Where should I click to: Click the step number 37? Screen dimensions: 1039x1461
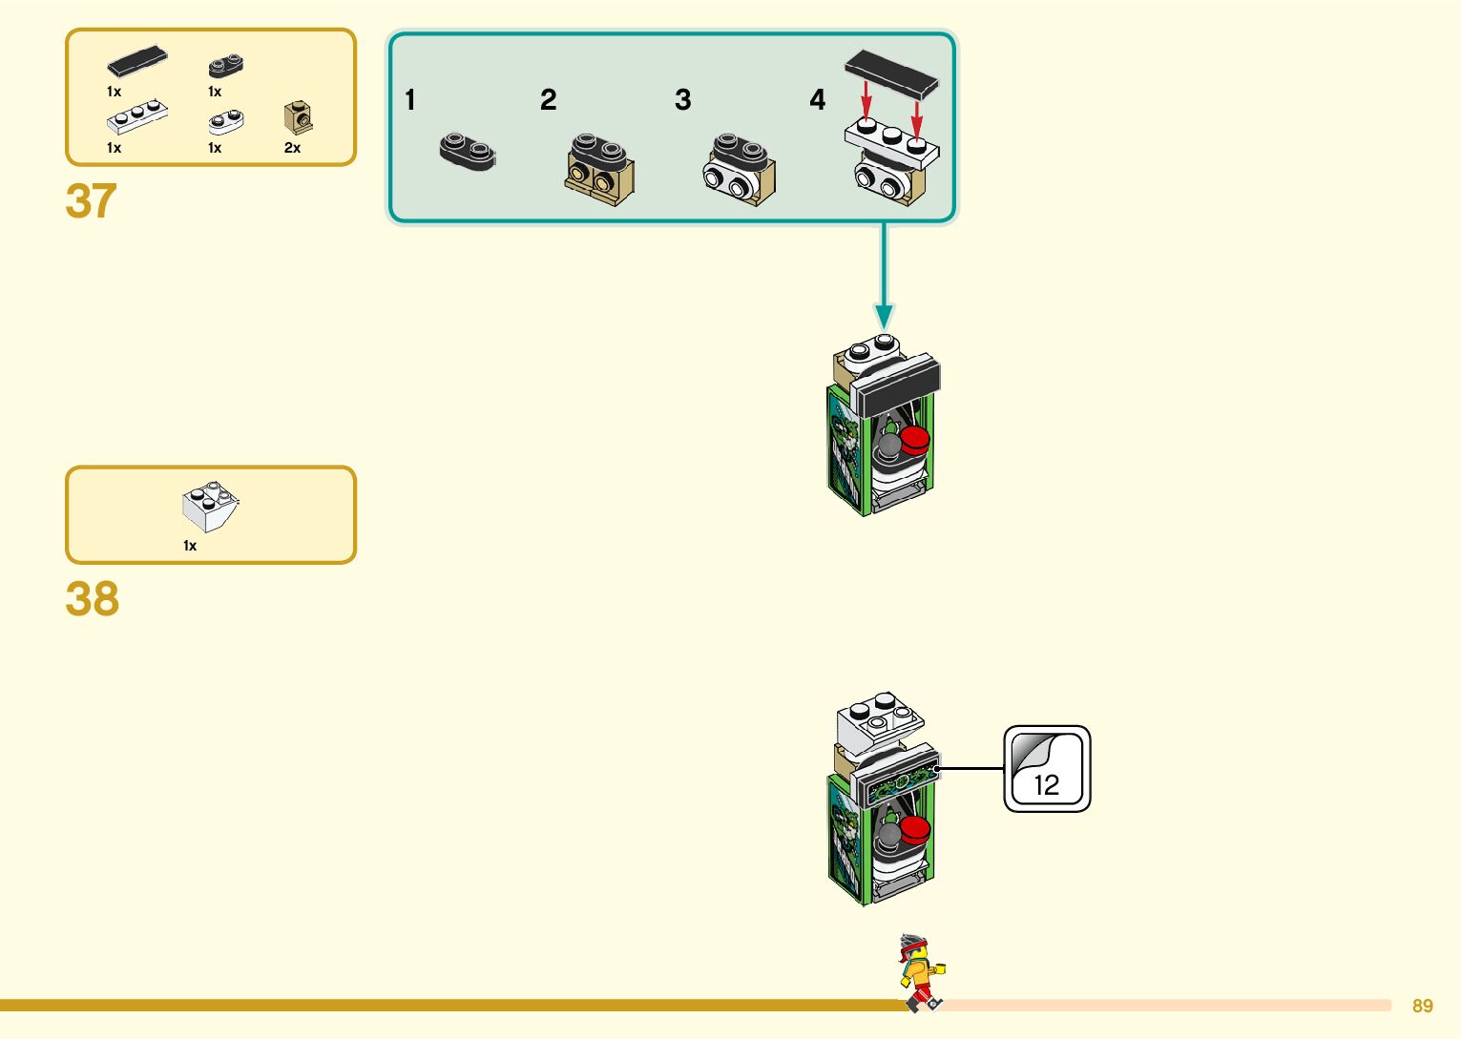point(91,201)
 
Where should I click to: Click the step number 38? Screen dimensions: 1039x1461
point(92,600)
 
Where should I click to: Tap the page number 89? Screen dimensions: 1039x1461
point(1422,1006)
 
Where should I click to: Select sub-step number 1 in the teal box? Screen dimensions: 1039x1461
point(410,100)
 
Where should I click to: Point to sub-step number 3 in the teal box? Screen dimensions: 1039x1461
point(682,100)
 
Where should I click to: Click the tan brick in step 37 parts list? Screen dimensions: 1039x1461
point(298,118)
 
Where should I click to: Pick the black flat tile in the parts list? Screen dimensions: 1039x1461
point(137,61)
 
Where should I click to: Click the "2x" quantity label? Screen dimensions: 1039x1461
point(292,148)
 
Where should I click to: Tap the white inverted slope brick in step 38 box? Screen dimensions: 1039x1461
point(210,507)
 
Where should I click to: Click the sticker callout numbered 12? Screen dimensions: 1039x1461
point(1047,769)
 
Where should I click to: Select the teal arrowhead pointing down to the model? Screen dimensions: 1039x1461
point(885,316)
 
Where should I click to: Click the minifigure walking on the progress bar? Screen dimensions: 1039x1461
point(920,972)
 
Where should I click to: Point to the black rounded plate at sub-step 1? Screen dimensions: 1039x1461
point(468,152)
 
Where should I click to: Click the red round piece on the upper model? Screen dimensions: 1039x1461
point(915,440)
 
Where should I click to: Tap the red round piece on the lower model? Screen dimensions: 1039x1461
point(915,828)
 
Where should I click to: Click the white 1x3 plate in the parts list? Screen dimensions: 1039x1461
point(137,116)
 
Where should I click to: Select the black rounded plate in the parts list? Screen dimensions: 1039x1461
point(226,66)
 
